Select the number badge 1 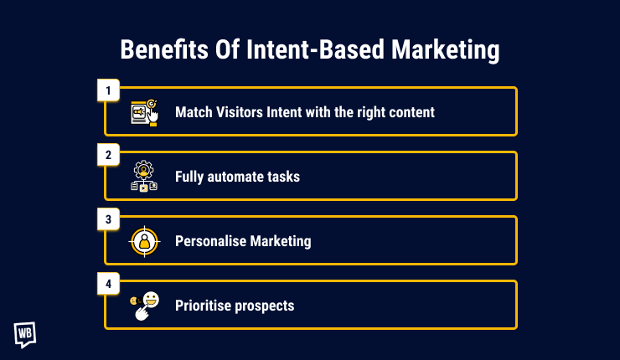[108, 90]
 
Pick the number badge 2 [108, 154]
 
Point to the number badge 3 [108, 219]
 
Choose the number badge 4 [108, 284]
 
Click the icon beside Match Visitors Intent [144, 112]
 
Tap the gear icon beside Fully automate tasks [144, 177]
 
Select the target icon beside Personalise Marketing [144, 241]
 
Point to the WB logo [25, 333]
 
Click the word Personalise [209, 241]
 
